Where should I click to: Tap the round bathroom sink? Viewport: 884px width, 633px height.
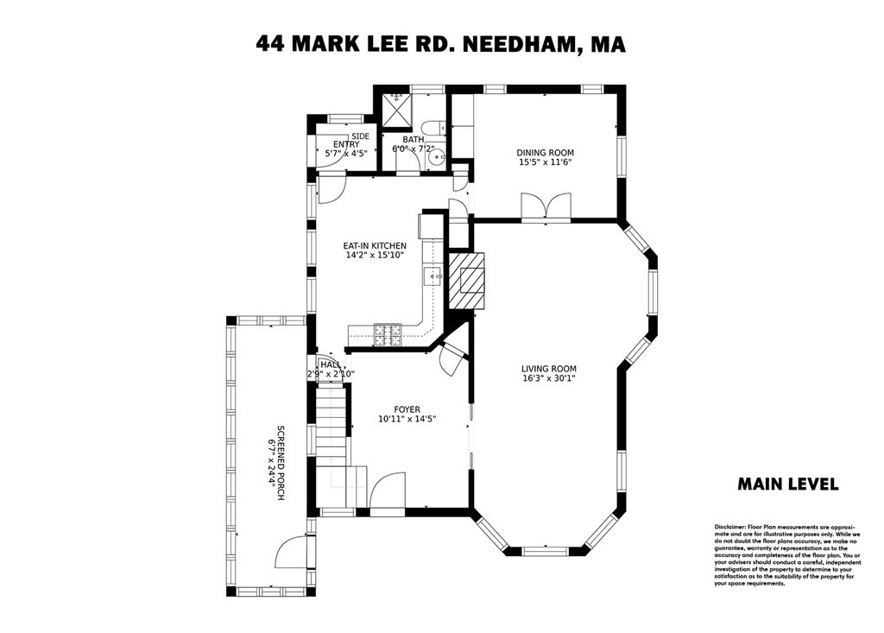438,157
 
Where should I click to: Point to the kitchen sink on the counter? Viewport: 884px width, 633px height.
432,276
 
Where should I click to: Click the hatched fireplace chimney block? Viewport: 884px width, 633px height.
467,280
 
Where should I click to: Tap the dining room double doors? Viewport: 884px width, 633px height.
546,207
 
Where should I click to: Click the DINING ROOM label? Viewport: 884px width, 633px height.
545,153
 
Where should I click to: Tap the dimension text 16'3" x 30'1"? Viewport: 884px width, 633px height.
548,378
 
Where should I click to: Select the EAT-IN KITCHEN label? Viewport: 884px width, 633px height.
375,246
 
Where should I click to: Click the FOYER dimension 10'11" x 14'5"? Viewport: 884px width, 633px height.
407,419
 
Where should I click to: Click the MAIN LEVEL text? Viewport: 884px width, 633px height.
787,484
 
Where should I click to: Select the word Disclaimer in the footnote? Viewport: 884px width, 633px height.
729,527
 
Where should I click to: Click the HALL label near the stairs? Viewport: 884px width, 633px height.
330,365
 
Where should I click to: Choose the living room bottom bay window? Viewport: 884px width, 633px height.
546,549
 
